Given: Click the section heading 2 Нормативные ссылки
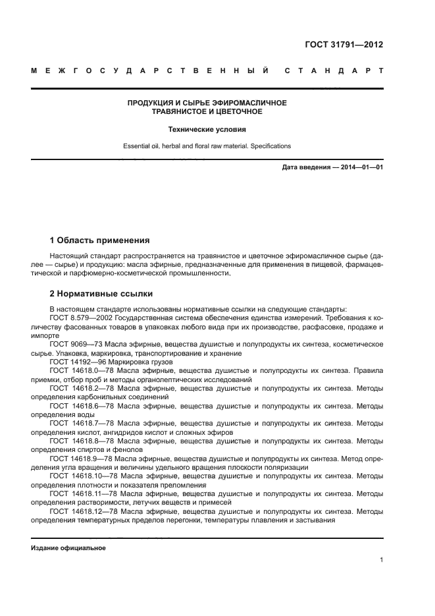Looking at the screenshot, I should (x=103, y=293).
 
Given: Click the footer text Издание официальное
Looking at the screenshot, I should (x=68, y=548).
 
